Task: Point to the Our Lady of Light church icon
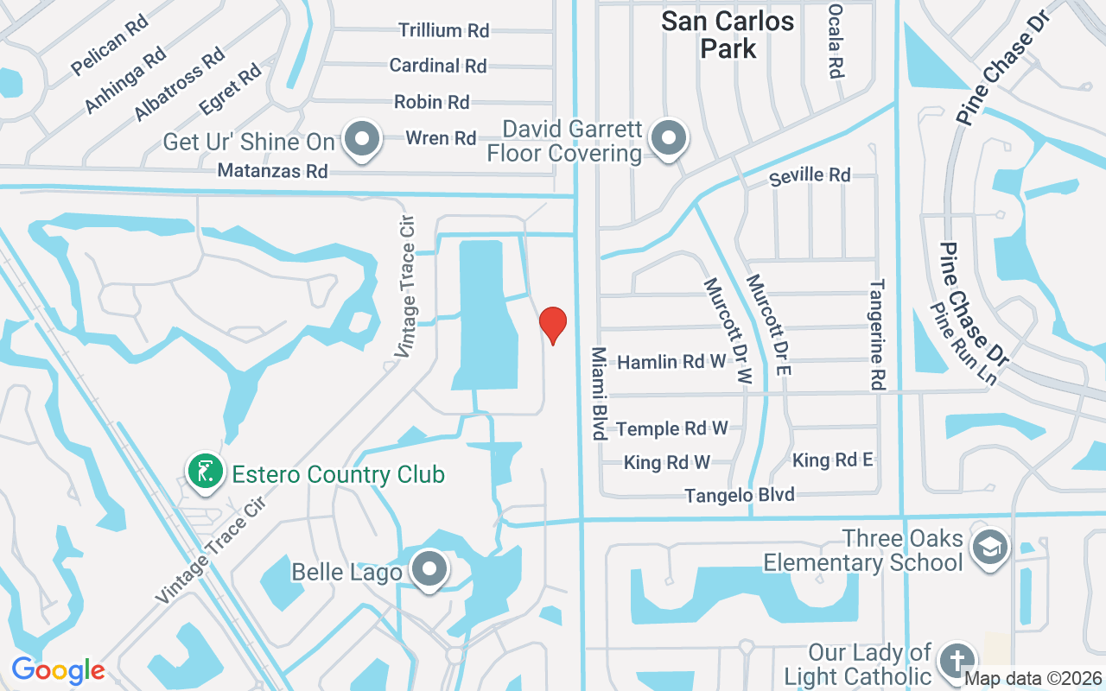click(957, 661)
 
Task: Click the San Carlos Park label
click(728, 35)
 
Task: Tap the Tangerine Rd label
click(878, 334)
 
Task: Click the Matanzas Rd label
click(273, 171)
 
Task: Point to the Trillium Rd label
click(444, 30)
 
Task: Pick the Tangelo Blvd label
click(740, 495)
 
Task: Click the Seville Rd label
click(810, 175)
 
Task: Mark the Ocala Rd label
click(835, 41)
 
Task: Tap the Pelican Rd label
click(110, 45)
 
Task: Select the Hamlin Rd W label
click(671, 361)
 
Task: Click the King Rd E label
click(832, 460)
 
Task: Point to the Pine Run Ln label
click(964, 343)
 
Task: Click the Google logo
click(58, 670)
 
